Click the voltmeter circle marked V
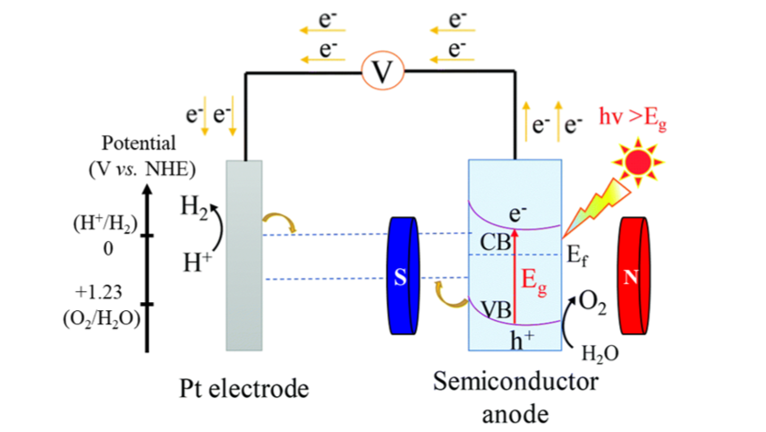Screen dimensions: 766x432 pos(382,71)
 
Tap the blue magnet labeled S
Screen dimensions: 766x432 pos(404,276)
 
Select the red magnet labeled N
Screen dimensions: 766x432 pos(634,276)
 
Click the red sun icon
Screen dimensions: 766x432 pos(638,162)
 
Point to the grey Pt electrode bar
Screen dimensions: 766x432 pos(243,255)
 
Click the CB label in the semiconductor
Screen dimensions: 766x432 pos(495,242)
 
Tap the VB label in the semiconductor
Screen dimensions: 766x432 pos(497,310)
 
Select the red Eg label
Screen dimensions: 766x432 pos(534,282)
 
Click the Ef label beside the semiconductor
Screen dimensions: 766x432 pos(576,255)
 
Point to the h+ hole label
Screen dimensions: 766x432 pos(522,340)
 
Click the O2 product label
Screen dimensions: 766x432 pos(592,303)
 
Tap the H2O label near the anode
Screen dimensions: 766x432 pos(600,353)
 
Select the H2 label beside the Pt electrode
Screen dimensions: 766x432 pos(194,207)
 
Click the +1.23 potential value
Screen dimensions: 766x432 pos(98,292)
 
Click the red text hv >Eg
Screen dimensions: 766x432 pos(633,119)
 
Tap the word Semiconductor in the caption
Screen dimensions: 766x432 pos(515,382)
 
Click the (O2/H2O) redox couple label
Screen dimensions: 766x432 pos(102,318)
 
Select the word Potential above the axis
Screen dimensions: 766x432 pos(139,143)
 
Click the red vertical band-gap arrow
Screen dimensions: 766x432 pos(515,276)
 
